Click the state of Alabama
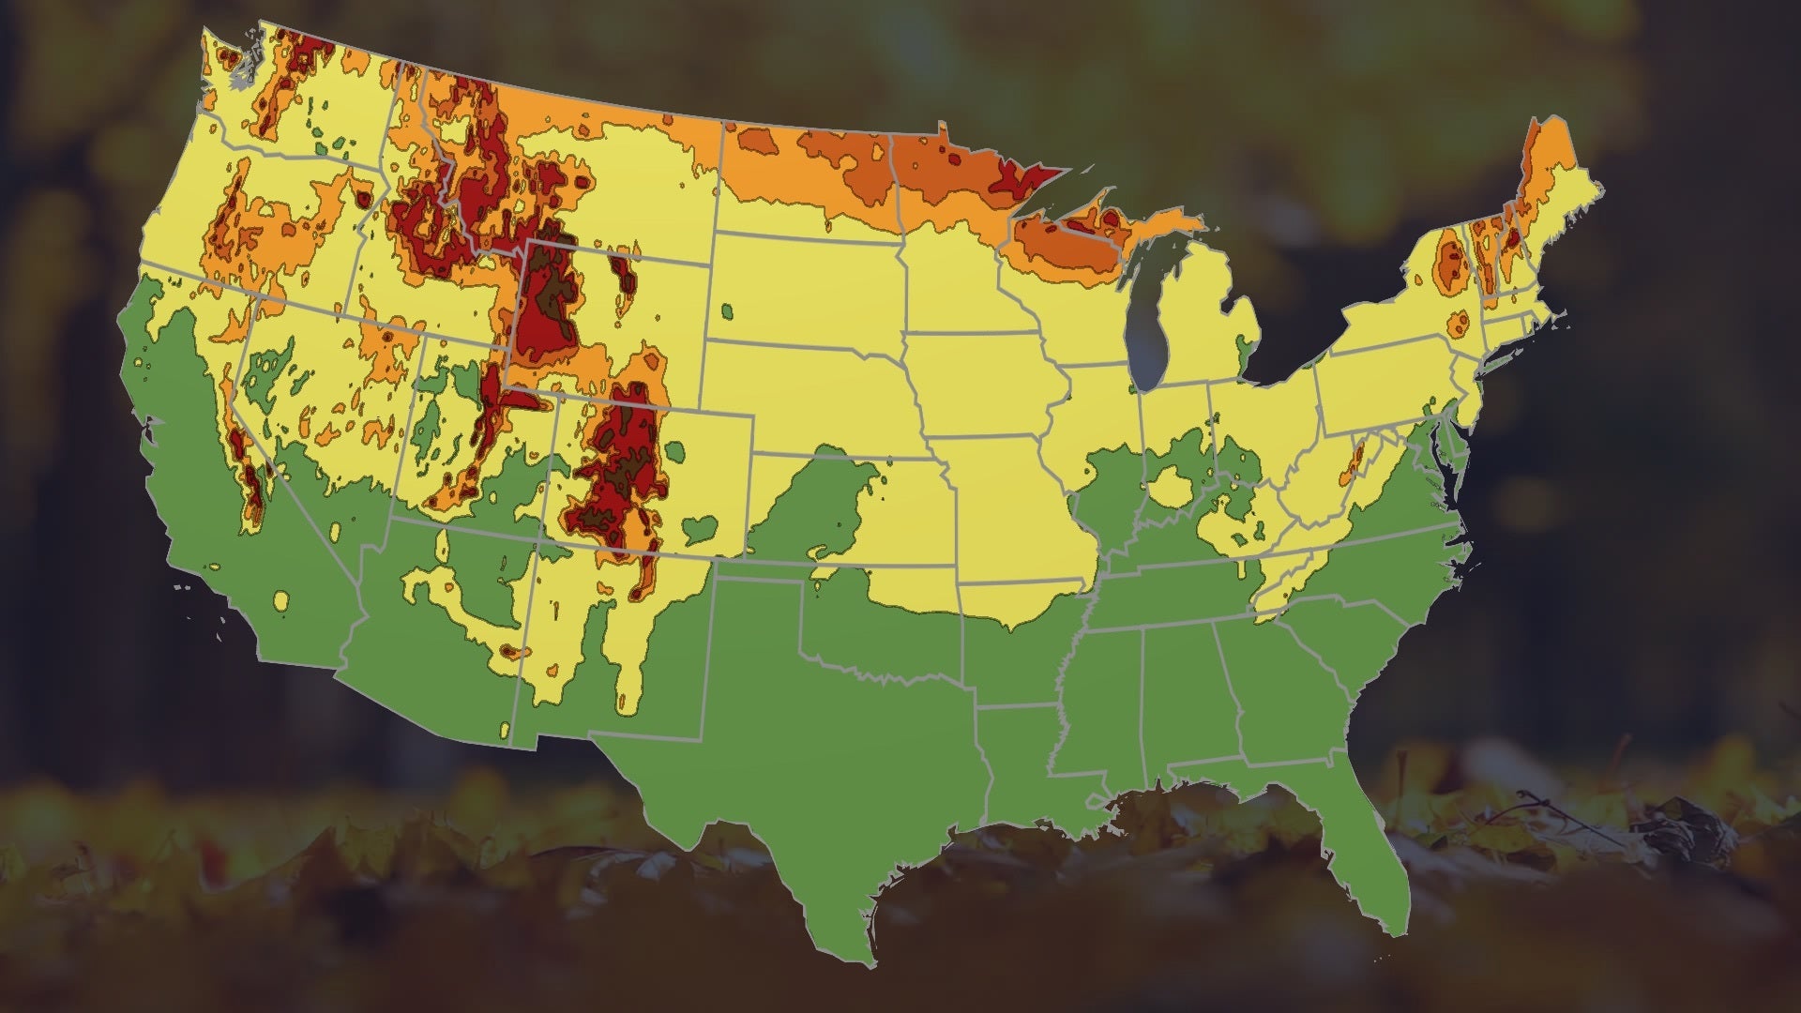[x=1182, y=694]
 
